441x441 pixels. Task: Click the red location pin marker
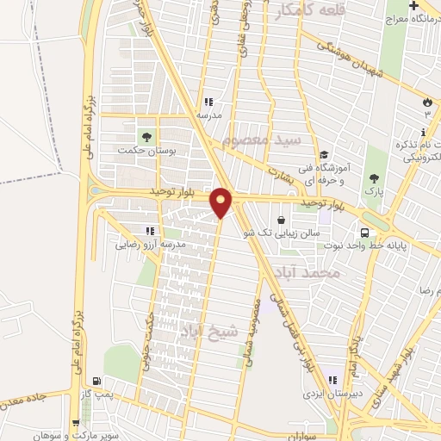[221, 202]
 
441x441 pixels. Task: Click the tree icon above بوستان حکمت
[145, 135]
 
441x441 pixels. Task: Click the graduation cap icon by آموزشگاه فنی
[323, 154]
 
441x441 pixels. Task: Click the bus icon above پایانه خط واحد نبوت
[365, 233]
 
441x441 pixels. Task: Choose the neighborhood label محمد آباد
[307, 273]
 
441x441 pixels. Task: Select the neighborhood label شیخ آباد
[202, 330]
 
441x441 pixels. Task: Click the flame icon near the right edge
[426, 102]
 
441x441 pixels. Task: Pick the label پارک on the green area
[373, 189]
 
